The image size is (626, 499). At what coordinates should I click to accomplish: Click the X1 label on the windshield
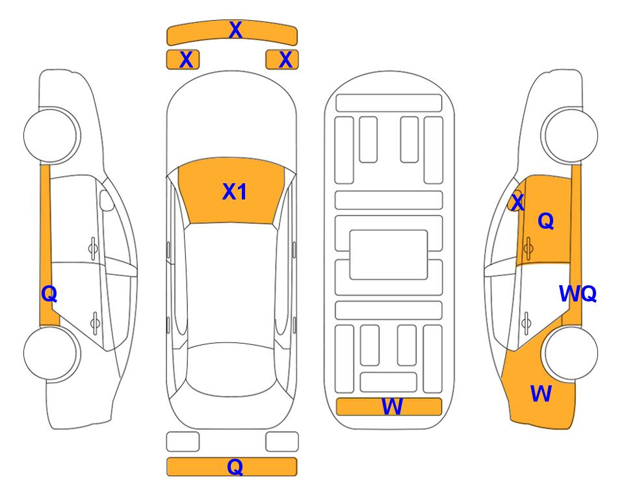[235, 192]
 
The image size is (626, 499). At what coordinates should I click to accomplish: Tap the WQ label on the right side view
[578, 294]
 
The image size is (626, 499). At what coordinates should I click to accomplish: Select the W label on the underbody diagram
[392, 407]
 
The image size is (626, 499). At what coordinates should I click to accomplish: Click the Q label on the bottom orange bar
[235, 467]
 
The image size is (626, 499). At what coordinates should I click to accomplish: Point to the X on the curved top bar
[235, 30]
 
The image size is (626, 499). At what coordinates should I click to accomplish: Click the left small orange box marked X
[183, 60]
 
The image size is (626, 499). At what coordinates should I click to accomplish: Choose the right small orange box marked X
[282, 60]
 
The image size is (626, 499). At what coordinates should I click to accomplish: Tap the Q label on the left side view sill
[49, 294]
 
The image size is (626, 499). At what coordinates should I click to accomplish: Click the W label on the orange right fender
[541, 394]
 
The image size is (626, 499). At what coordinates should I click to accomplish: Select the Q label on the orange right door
[546, 221]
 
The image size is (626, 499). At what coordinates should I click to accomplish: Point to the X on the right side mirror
[517, 201]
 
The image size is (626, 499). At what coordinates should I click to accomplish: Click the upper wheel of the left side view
[51, 135]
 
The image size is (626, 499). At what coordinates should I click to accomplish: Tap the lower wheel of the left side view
[51, 353]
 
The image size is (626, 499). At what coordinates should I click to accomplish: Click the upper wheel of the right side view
[570, 135]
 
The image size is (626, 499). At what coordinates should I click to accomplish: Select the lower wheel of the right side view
[571, 353]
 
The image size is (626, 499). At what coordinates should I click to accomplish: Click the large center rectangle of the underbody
[389, 255]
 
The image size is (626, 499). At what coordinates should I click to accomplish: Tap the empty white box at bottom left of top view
[183, 442]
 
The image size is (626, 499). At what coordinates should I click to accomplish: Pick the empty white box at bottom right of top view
[282, 442]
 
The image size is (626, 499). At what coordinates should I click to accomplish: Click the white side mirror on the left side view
[107, 200]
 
